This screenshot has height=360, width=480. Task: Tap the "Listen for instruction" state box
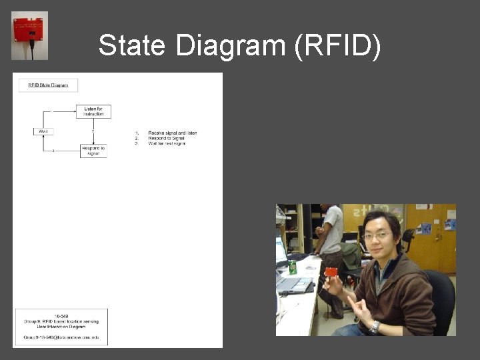[x=93, y=111]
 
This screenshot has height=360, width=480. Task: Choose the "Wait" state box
[x=43, y=131]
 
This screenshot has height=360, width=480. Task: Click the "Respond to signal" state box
[x=93, y=151]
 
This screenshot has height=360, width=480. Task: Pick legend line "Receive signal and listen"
[x=172, y=133]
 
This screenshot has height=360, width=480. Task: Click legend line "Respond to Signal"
[x=167, y=138]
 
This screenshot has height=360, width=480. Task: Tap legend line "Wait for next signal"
[x=169, y=143]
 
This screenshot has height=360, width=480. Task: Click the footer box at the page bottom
[x=61, y=327]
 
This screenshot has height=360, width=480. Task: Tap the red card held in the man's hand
[x=331, y=272]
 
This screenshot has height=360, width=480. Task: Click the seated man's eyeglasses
[x=377, y=235]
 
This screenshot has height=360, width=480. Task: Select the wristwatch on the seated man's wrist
[x=375, y=327]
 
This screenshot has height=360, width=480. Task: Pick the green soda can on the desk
[x=293, y=268]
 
